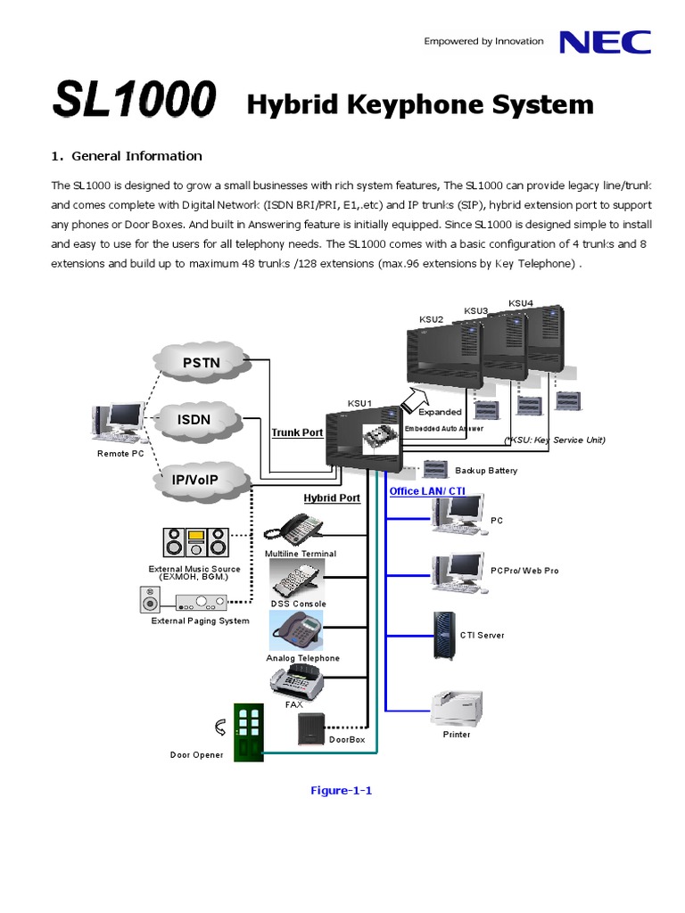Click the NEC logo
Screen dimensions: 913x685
pyautogui.click(x=604, y=42)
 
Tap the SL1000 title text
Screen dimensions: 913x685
pyautogui.click(x=134, y=101)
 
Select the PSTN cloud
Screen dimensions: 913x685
pyautogui.click(x=201, y=363)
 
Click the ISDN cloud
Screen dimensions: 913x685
pyautogui.click(x=194, y=418)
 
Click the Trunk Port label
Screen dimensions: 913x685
pyautogui.click(x=297, y=432)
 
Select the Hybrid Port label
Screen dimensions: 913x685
pyautogui.click(x=332, y=498)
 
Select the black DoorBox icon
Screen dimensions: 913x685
pyautogui.click(x=312, y=728)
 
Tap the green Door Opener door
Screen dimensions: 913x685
pyautogui.click(x=248, y=733)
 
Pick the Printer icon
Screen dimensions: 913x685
pyautogui.click(x=456, y=709)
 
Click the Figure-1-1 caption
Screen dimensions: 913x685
pyautogui.click(x=341, y=790)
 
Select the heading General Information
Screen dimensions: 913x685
pyautogui.click(x=136, y=156)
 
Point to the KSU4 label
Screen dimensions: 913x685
pyautogui.click(x=521, y=303)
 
